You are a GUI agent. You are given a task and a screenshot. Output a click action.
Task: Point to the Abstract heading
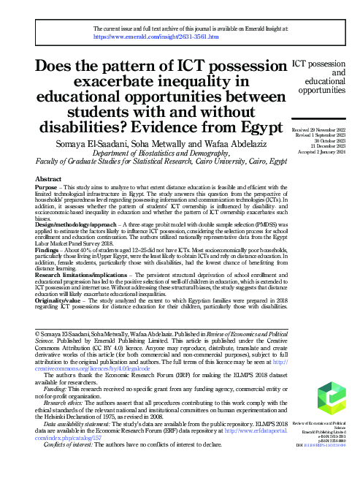48,178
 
